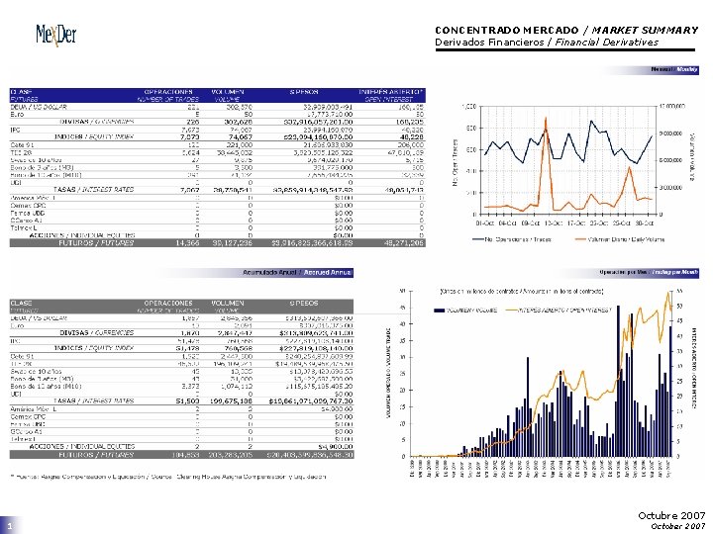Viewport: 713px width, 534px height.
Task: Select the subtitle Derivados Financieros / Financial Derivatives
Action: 546,43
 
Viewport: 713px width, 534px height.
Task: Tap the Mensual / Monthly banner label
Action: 674,70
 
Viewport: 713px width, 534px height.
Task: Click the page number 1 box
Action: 9,527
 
